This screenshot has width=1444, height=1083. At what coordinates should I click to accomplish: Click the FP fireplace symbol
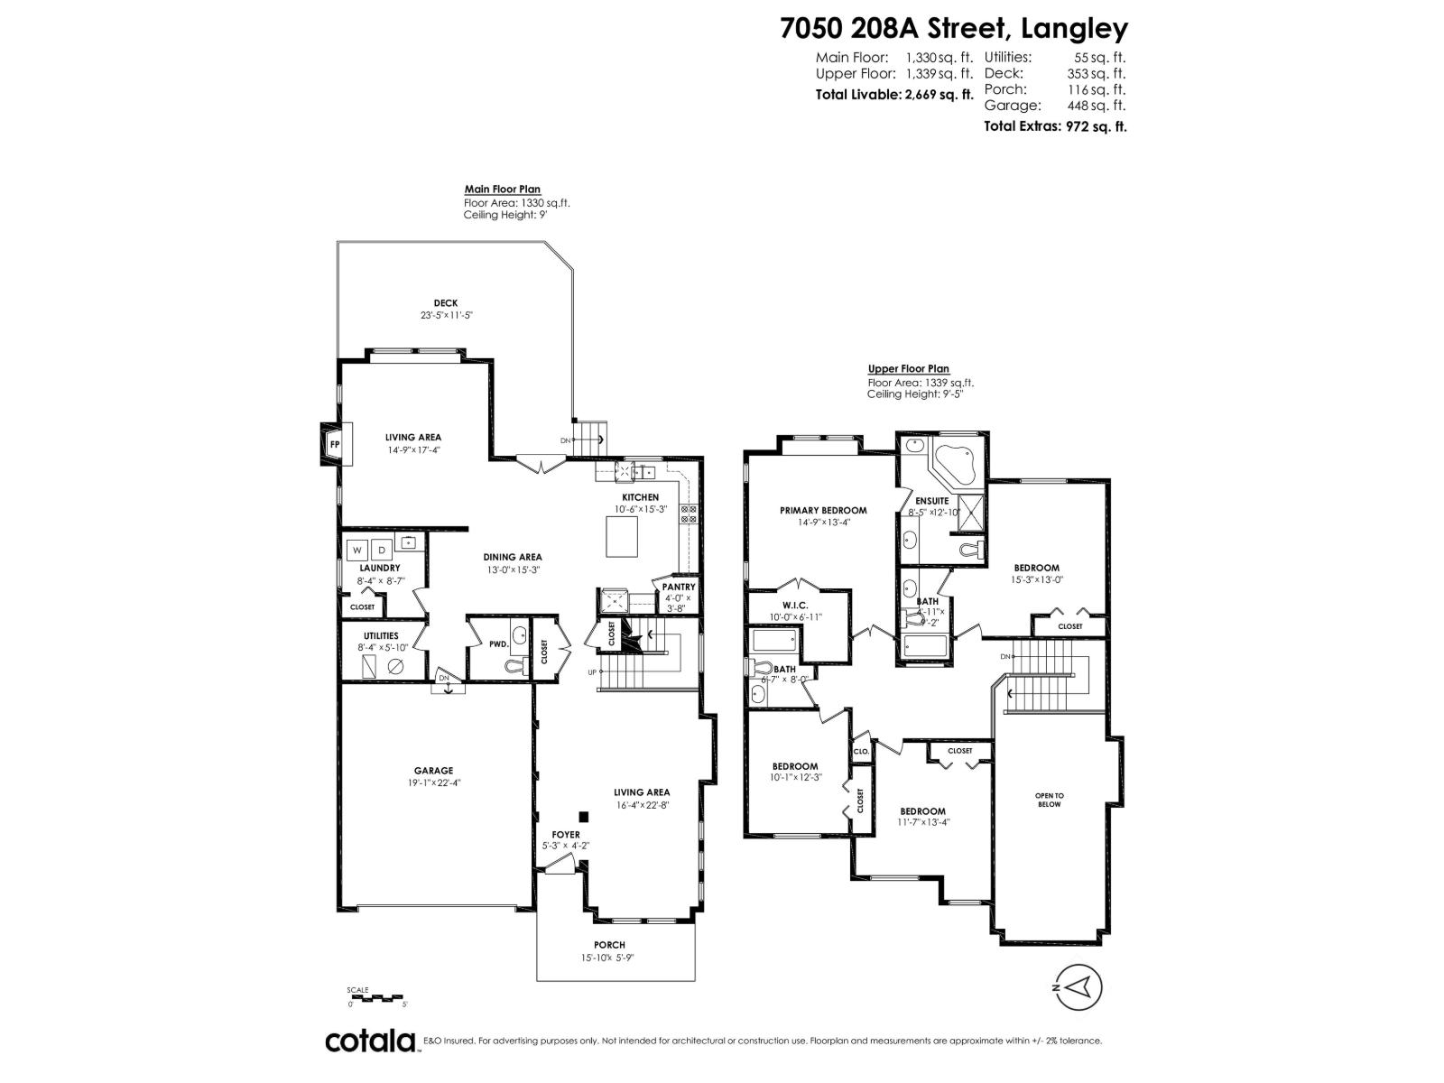click(334, 444)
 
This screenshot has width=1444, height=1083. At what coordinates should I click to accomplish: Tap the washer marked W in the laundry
click(357, 550)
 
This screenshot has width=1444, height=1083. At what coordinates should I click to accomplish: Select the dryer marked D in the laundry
click(382, 550)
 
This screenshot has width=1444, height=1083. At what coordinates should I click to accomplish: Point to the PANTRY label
click(679, 587)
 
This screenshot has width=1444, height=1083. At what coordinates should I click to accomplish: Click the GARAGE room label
click(433, 771)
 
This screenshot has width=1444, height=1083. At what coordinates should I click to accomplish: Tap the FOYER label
click(566, 835)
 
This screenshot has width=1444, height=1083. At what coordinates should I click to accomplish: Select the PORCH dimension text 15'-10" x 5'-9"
click(616, 958)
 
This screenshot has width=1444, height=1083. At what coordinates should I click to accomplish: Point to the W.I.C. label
click(794, 606)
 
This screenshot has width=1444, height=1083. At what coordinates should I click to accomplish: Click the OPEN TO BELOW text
click(1050, 800)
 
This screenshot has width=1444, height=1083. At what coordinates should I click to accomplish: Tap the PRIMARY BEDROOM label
click(823, 510)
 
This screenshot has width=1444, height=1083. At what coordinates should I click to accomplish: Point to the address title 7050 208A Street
click(954, 29)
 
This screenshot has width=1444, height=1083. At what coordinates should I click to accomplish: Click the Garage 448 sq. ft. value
click(1096, 106)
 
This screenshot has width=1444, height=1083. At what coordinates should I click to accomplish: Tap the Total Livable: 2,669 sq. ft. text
click(894, 94)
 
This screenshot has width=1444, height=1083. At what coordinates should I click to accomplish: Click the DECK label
click(446, 303)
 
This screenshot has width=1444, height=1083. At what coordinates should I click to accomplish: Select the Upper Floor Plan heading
click(908, 369)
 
